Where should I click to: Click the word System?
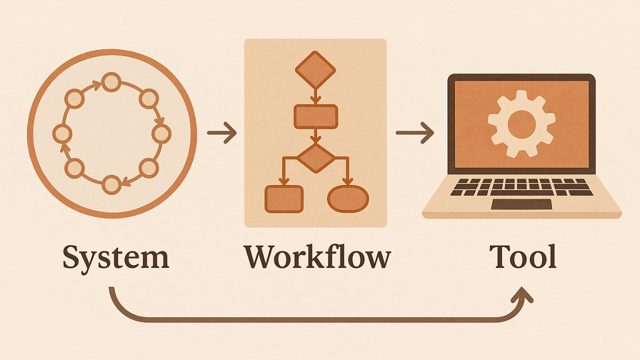pyautogui.click(x=116, y=257)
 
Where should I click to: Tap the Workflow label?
pyautogui.click(x=317, y=257)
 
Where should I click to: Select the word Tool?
pyautogui.click(x=522, y=257)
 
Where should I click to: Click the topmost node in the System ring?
pyautogui.click(x=111, y=81)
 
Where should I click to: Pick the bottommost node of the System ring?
pyautogui.click(x=111, y=184)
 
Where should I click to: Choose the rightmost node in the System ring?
pyautogui.click(x=161, y=133)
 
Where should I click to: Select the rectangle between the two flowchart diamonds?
pyautogui.click(x=315, y=117)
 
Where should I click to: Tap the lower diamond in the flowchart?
pyautogui.click(x=315, y=158)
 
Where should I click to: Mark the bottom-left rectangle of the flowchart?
pyautogui.click(x=284, y=198)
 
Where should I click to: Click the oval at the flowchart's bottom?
pyautogui.click(x=348, y=198)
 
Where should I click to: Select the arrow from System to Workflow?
pyautogui.click(x=221, y=133)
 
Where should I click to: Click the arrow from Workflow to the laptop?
pyautogui.click(x=414, y=133)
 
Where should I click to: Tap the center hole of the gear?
pyautogui.click(x=521, y=123)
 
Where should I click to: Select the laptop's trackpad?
pyautogui.click(x=521, y=204)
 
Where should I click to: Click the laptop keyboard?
pyautogui.click(x=521, y=186)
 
